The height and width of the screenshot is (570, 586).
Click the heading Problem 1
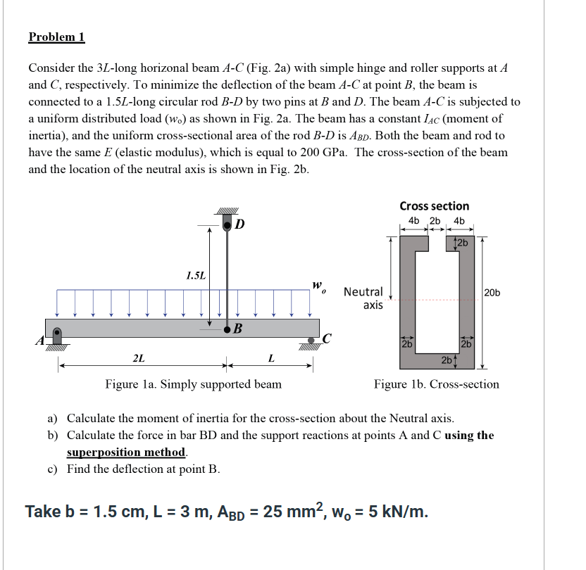click(56, 37)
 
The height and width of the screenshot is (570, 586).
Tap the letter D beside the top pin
click(240, 224)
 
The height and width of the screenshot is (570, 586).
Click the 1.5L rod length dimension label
click(195, 274)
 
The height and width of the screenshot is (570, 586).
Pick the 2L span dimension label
click(139, 358)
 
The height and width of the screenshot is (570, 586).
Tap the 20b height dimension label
click(492, 292)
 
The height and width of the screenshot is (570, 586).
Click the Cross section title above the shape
click(434, 206)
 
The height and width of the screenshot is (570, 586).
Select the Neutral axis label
click(363, 298)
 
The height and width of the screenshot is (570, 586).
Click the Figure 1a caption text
click(193, 384)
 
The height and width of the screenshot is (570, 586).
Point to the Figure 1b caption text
click(436, 384)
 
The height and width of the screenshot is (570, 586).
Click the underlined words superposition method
click(127, 452)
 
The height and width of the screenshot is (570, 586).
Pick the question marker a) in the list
click(54, 418)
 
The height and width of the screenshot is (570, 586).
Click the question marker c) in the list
click(54, 469)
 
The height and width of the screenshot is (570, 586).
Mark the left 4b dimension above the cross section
click(415, 221)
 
